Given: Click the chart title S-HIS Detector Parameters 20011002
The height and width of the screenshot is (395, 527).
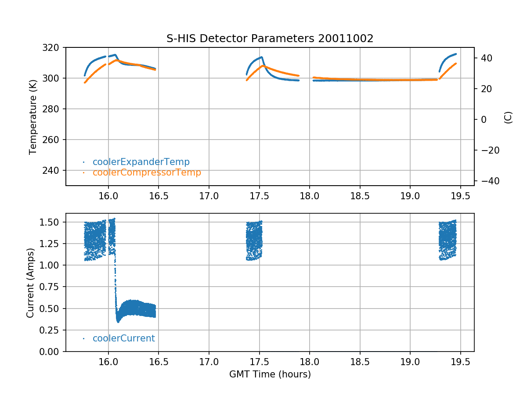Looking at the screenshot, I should click(x=270, y=38).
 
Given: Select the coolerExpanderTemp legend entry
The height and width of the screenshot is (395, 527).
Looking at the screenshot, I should click(x=141, y=162).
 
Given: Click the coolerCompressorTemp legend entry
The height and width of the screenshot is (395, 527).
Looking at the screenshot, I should click(x=147, y=172).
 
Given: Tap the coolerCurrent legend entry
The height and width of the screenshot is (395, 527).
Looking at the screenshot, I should click(x=123, y=338).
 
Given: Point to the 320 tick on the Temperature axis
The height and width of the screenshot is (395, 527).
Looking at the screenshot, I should click(x=54, y=47).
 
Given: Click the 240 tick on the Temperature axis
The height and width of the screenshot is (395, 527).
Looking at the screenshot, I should click(x=54, y=170).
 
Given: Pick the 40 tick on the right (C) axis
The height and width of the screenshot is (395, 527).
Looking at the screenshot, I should click(x=485, y=58).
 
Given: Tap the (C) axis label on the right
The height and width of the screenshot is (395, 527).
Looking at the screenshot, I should click(x=508, y=117).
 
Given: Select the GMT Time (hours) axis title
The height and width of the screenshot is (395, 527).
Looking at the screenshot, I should click(x=270, y=374).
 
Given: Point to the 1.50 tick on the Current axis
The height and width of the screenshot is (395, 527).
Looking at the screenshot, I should click(x=53, y=222).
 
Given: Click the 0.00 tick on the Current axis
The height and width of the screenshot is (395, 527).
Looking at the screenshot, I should click(x=53, y=352).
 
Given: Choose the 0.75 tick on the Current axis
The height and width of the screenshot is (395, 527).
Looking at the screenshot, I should click(x=53, y=287).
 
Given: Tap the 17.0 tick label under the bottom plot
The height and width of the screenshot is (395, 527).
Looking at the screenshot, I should click(x=209, y=362).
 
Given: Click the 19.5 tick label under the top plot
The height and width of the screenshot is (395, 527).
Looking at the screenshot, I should click(x=461, y=196).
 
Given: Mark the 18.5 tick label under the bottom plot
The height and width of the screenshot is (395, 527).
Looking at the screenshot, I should click(x=360, y=362).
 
